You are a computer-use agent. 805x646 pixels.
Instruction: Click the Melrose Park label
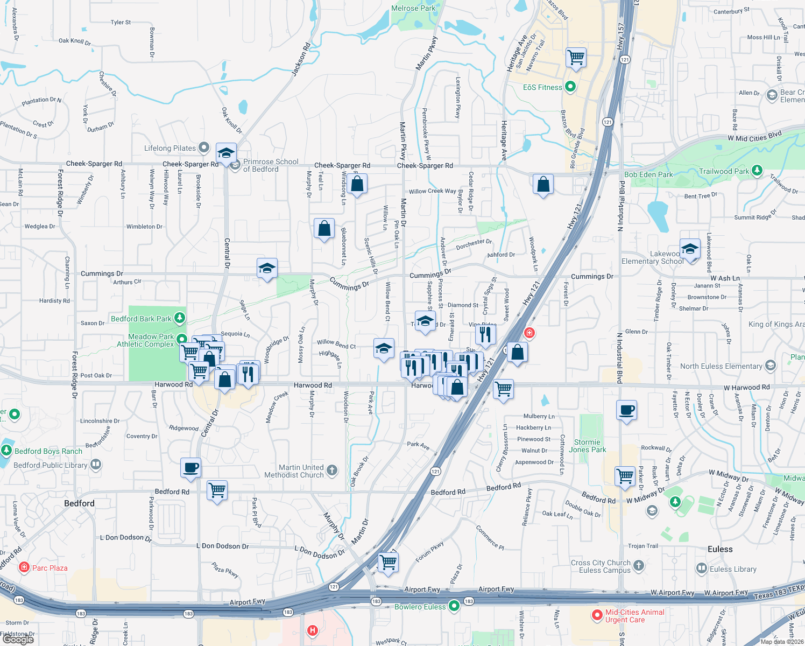(x=413, y=8)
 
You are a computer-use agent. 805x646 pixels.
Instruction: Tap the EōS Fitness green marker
(x=571, y=86)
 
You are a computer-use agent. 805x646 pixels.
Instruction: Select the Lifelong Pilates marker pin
(x=203, y=147)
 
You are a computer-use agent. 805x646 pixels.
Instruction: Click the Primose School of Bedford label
(x=270, y=165)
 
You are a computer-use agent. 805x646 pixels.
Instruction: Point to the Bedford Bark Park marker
(x=180, y=318)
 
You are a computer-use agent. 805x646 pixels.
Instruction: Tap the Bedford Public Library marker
(x=96, y=464)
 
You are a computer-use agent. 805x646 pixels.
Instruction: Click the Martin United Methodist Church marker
(x=332, y=470)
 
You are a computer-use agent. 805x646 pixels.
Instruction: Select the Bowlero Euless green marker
(x=454, y=606)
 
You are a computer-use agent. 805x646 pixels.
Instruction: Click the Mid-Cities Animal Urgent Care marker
(x=597, y=615)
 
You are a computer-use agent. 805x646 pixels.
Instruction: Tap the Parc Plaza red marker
(x=24, y=567)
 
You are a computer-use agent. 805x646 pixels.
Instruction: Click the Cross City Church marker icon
(x=639, y=565)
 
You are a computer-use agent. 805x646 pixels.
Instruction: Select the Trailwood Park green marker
(x=757, y=171)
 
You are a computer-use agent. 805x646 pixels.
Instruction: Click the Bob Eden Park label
(x=648, y=174)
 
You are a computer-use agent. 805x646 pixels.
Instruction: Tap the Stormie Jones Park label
(x=587, y=446)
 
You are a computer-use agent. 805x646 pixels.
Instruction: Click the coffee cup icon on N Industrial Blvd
(x=627, y=410)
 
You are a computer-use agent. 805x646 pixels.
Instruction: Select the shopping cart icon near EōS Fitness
(x=576, y=57)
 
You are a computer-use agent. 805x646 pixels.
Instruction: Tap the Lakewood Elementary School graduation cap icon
(x=690, y=249)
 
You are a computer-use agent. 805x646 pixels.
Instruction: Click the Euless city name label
(x=720, y=549)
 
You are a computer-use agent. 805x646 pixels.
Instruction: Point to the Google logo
(x=18, y=640)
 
